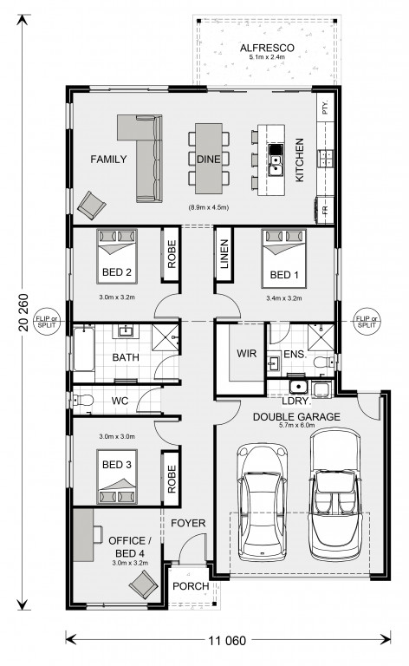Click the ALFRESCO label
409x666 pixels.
pyautogui.click(x=267, y=48)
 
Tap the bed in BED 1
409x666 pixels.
pyautogui.click(x=284, y=258)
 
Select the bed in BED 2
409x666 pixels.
pyautogui.click(x=117, y=257)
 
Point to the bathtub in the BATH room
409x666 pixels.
pyautogui.click(x=83, y=348)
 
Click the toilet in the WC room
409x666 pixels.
pyautogui.click(x=83, y=400)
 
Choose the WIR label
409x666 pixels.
pyautogui.click(x=246, y=353)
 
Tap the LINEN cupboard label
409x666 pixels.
pyautogui.click(x=224, y=254)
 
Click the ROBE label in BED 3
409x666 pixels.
pyautogui.click(x=172, y=479)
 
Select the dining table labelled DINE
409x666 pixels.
pyautogui.click(x=209, y=158)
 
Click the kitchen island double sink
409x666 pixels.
pyautogui.click(x=276, y=166)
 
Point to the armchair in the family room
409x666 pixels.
pyautogui.click(x=91, y=206)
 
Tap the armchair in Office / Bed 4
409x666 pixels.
pyautogui.click(x=143, y=584)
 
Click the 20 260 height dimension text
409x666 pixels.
pyautogui.click(x=23, y=312)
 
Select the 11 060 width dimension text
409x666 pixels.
pyautogui.click(x=227, y=640)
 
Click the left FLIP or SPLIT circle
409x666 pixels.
pyautogui.click(x=47, y=321)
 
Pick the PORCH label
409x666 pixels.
pyautogui.click(x=191, y=586)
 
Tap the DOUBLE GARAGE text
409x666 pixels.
pyautogui.click(x=296, y=416)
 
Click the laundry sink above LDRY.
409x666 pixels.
pyautogui.click(x=298, y=387)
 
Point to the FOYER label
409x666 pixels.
pyautogui.click(x=188, y=523)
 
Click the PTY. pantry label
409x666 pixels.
pyautogui.click(x=326, y=108)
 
